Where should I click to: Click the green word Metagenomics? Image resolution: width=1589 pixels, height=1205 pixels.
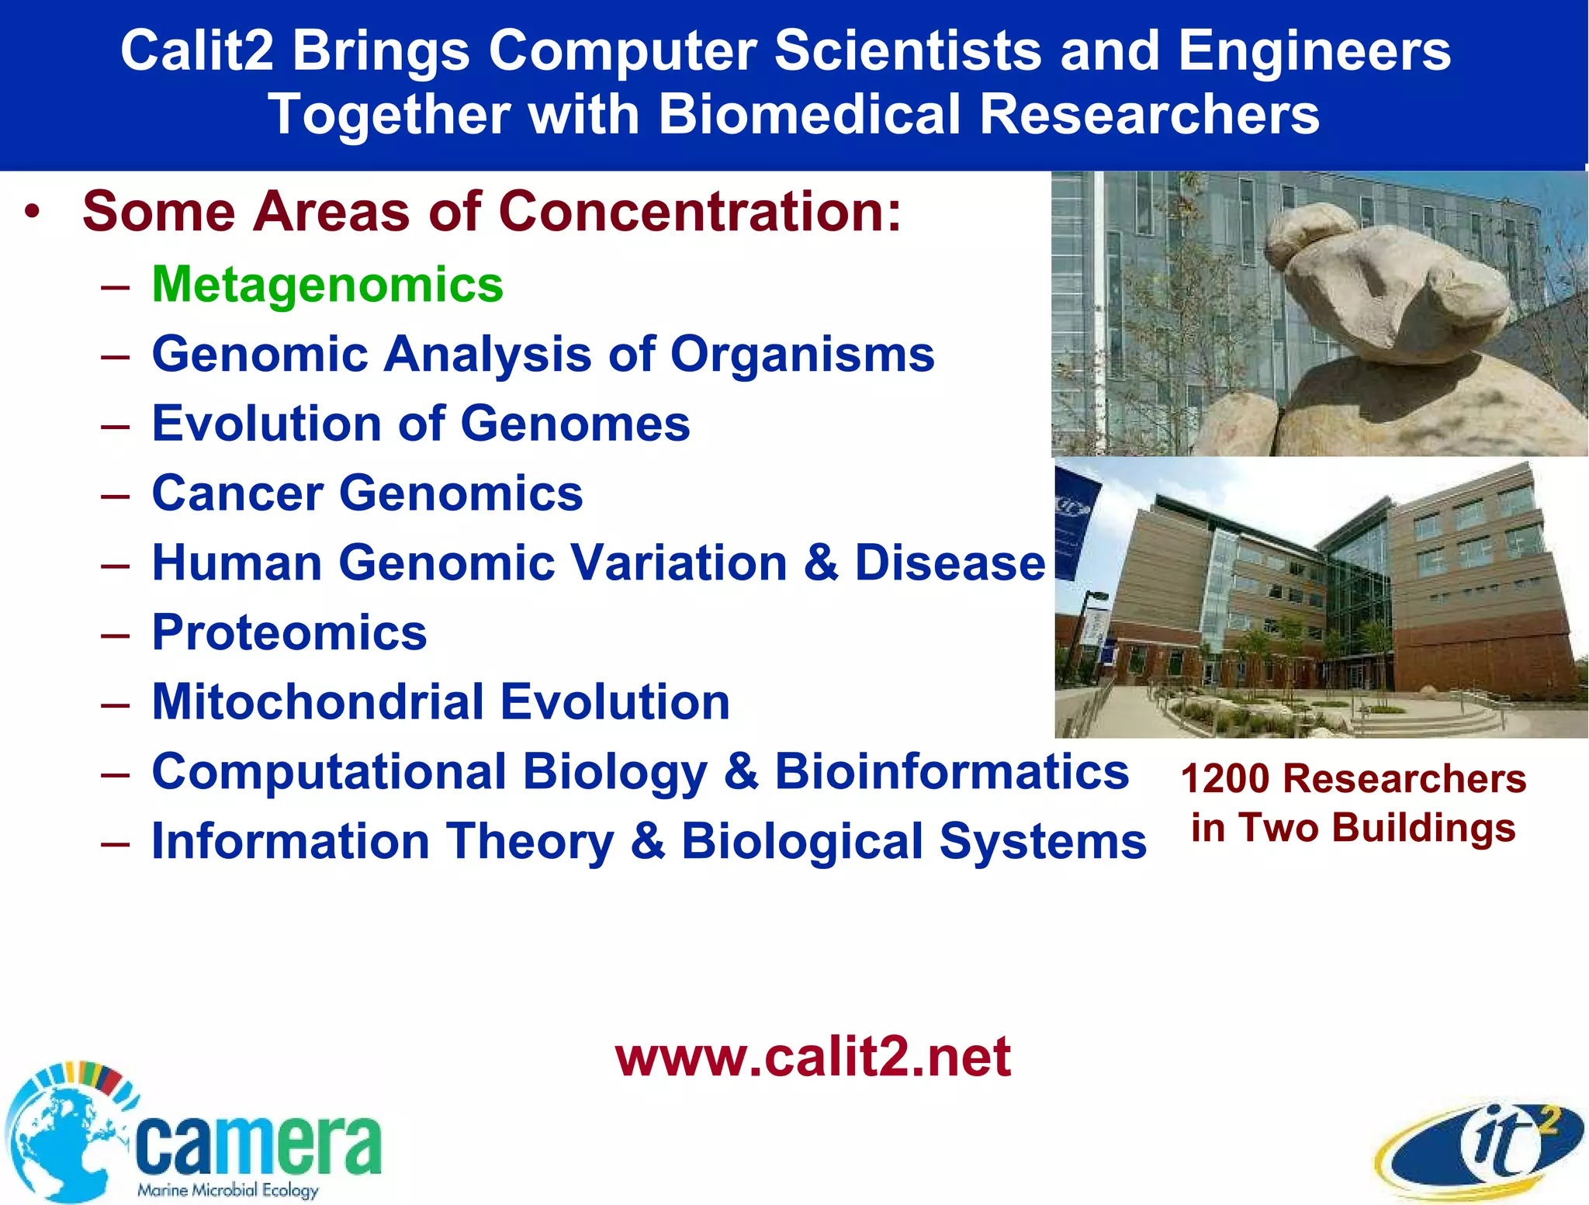[x=327, y=285]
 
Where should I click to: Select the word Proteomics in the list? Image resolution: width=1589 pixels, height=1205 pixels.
[x=289, y=632]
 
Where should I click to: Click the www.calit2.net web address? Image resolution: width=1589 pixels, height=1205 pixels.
[x=812, y=1057]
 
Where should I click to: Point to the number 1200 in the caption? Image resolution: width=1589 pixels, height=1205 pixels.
[x=1225, y=778]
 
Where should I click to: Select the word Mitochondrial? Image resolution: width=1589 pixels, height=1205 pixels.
[x=318, y=702]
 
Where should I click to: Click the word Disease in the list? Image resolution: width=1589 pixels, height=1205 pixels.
[x=950, y=563]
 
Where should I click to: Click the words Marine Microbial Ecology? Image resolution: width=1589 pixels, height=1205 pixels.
[x=227, y=1189]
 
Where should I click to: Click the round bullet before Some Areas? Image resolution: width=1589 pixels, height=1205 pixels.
[x=31, y=211]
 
